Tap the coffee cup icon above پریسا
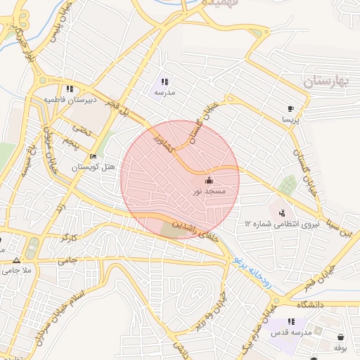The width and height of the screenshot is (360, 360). (x=290, y=109)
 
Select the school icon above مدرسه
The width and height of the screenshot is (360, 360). (x=165, y=82)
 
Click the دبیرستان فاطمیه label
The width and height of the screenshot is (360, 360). (x=69, y=100)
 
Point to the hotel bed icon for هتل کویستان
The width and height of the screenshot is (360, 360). (x=93, y=157)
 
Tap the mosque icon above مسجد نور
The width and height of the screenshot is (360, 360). (x=209, y=181)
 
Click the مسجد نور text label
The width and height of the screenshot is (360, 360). (x=209, y=191)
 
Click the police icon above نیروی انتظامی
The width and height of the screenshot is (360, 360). (x=282, y=212)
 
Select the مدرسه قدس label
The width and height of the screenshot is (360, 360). (x=292, y=332)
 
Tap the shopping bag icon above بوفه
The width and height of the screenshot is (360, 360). (x=341, y=337)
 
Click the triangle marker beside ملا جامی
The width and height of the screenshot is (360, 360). (x=17, y=259)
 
